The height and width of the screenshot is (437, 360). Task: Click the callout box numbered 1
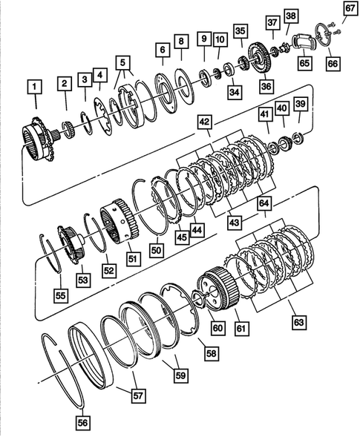pyautogui.click(x=32, y=87)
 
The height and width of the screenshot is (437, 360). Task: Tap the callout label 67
pyautogui.click(x=349, y=8)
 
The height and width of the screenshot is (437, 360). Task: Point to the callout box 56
pyautogui.click(x=83, y=423)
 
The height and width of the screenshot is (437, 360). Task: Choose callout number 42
pyautogui.click(x=204, y=121)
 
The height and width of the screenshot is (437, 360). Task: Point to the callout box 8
pyautogui.click(x=180, y=41)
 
